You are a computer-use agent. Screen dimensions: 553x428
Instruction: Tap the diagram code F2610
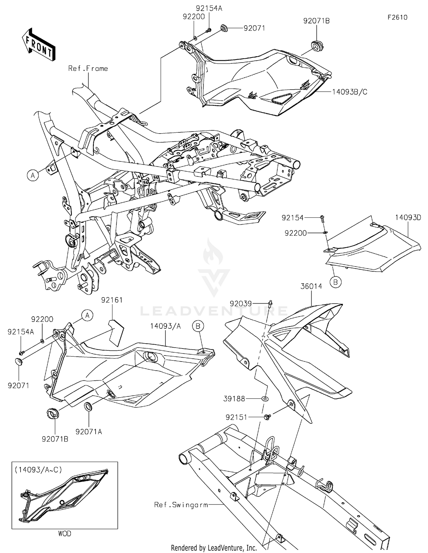397,17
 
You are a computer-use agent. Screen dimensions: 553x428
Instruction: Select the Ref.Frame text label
88,68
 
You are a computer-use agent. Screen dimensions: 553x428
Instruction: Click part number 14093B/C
350,92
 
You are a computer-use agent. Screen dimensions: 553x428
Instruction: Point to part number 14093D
408,217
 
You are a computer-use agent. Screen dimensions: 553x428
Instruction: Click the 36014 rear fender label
311,286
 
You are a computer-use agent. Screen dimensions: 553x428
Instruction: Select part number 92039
241,304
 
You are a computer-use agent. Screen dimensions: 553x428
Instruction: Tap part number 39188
234,399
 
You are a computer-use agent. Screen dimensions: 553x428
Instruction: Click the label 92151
236,417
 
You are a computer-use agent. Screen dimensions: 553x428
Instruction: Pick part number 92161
112,300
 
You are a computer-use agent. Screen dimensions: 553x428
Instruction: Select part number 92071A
89,432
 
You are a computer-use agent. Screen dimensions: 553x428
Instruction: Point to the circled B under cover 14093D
336,282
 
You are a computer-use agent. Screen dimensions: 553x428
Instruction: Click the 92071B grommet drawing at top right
317,46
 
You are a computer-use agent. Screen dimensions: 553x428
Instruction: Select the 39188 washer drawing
266,398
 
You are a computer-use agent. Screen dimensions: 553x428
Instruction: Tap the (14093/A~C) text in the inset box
38,470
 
